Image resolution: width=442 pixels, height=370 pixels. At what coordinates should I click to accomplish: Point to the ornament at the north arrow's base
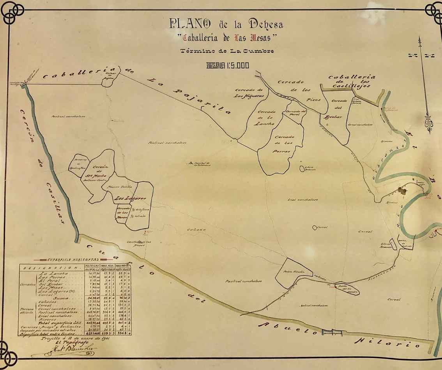click(x=430, y=124)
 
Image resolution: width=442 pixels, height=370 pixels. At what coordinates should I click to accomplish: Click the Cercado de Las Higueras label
click(x=249, y=93)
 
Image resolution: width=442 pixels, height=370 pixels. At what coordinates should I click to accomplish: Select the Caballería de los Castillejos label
click(x=352, y=82)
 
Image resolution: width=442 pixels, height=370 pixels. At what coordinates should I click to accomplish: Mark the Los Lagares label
click(x=130, y=198)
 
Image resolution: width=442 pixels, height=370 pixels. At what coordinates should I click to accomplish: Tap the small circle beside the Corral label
click(x=315, y=227)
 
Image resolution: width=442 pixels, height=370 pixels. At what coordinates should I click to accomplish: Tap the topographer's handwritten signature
click(x=62, y=353)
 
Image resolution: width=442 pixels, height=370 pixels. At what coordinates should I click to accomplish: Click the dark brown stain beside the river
click(x=401, y=190)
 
